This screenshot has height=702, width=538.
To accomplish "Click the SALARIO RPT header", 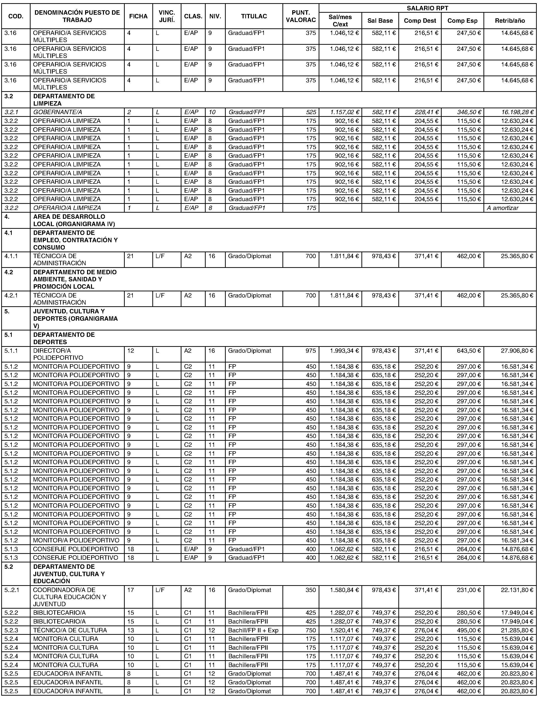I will (427, 8).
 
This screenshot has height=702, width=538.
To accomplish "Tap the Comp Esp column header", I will (462, 21).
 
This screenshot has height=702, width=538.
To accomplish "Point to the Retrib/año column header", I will (510, 21).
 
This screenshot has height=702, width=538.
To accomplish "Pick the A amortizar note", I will (503, 208).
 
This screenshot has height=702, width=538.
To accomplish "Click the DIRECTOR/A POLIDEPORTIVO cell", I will (58, 354).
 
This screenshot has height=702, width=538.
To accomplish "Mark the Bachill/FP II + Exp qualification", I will (253, 630).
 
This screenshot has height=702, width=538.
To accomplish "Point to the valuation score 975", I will (310, 351).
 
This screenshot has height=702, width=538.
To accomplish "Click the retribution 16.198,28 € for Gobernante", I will (517, 112).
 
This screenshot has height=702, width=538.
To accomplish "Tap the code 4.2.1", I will (11, 295).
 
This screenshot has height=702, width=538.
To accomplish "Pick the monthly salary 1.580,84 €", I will (344, 590).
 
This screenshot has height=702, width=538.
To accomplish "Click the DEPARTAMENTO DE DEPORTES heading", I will (64, 338).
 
